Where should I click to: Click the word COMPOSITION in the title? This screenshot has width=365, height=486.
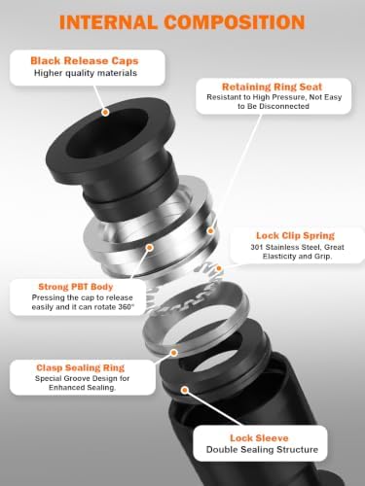235,22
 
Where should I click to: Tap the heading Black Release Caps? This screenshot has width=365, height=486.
85,60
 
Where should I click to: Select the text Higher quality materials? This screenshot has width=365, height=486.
86,73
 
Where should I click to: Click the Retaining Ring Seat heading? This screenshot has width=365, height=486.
272,87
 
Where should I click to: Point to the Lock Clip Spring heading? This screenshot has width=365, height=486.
295,235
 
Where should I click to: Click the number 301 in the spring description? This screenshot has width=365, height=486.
257,247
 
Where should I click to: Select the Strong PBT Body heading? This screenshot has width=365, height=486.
76,287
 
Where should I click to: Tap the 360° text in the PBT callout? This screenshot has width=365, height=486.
127,307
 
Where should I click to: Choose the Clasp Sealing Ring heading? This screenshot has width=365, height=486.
80,367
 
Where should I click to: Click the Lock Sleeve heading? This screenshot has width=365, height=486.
259,438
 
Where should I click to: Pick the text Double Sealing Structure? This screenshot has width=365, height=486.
262,450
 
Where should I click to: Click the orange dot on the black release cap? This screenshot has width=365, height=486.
105,113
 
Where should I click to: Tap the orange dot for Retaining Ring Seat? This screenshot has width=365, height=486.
210,231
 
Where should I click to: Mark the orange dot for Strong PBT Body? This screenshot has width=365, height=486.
149,248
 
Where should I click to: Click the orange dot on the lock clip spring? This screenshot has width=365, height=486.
219,268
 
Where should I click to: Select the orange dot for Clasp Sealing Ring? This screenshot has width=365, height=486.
174,353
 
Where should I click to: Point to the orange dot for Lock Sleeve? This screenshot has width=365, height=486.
185,390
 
